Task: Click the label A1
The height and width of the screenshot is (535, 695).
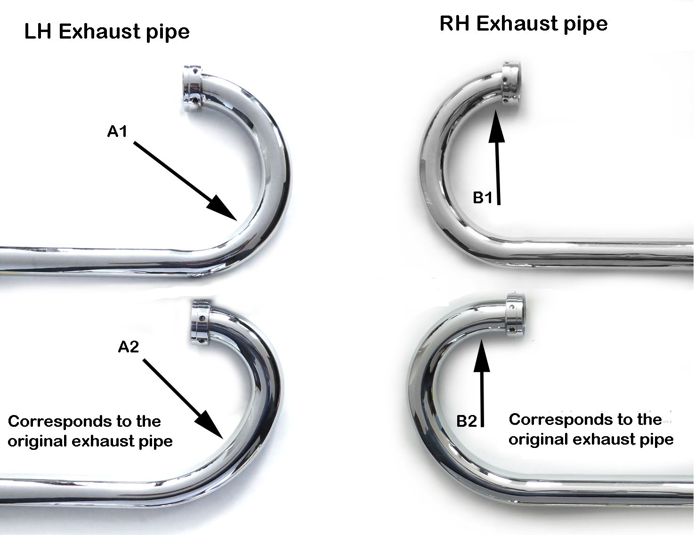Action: [117, 132]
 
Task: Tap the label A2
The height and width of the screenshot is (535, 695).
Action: [129, 347]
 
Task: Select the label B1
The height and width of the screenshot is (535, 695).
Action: [482, 198]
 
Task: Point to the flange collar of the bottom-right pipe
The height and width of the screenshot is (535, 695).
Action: [515, 315]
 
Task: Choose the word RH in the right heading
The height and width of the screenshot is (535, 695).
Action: [455, 24]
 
